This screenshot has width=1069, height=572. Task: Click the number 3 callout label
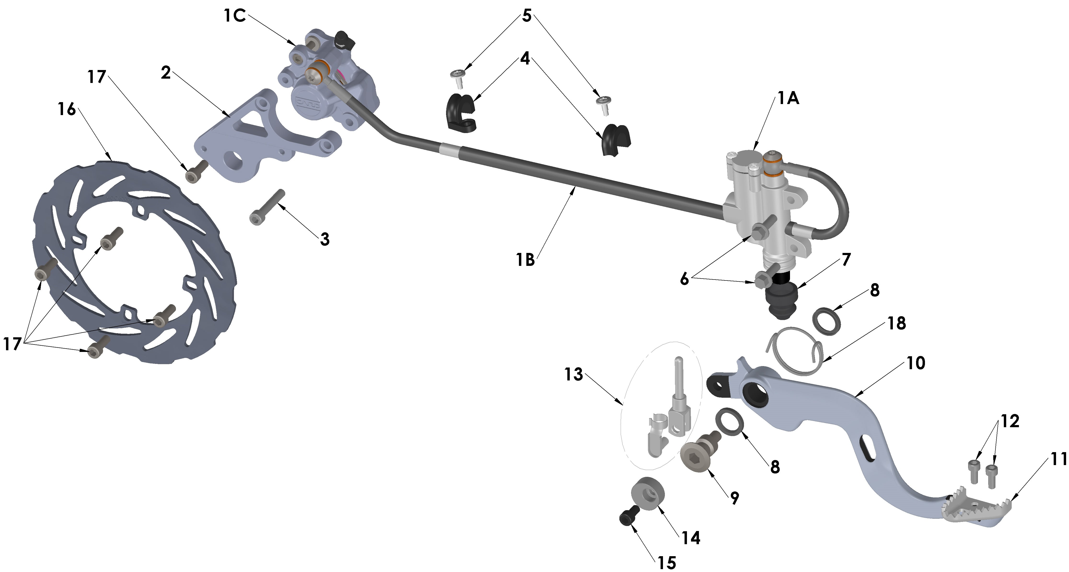pyautogui.click(x=325, y=239)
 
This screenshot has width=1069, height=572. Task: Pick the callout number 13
pyautogui.click(x=574, y=374)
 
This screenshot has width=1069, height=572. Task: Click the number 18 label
pyautogui.click(x=896, y=323)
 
